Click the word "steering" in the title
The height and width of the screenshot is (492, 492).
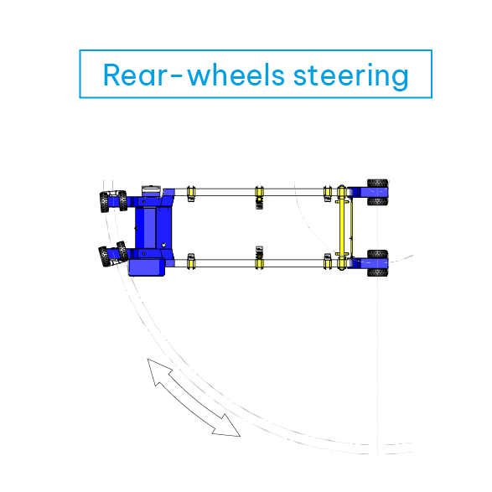tap(351, 75)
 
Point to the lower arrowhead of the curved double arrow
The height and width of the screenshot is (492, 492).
tap(227, 426)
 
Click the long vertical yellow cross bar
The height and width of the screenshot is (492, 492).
tap(342, 228)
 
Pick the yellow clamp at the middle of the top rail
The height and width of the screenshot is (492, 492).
tap(259, 191)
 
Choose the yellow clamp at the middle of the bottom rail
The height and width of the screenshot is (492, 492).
tap(259, 263)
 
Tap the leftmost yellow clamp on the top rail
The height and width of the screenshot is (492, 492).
tap(191, 191)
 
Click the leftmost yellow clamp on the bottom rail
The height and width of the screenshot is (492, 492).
tap(191, 263)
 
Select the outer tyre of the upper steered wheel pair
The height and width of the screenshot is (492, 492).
tap(104, 202)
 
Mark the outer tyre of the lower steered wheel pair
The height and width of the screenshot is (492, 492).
tap(104, 256)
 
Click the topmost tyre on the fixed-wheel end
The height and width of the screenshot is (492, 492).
tap(378, 183)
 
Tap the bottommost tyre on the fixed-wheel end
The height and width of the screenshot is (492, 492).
tap(378, 272)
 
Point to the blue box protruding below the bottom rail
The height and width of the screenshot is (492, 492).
tap(147, 267)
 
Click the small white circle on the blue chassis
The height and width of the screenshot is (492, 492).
tap(163, 245)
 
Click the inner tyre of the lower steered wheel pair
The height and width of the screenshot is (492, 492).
tap(122, 251)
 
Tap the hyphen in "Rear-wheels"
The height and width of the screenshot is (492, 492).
tap(175, 76)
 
